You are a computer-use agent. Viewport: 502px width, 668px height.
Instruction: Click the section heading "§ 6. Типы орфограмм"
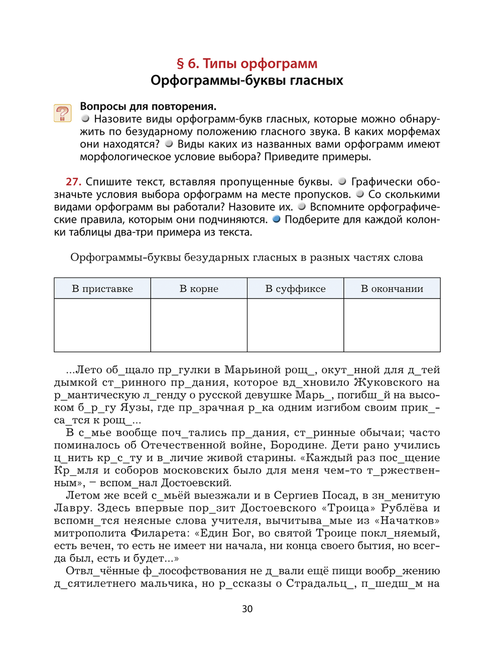(247, 64)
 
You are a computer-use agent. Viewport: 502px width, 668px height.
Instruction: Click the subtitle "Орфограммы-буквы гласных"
(247, 80)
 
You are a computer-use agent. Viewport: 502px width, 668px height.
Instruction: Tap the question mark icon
(63, 113)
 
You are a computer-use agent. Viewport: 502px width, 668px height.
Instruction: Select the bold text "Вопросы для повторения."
(148, 106)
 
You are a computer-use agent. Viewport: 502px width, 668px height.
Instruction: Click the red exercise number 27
(73, 182)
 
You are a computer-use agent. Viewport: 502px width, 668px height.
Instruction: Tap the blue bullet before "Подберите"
(276, 219)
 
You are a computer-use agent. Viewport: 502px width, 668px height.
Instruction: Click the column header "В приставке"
(102, 289)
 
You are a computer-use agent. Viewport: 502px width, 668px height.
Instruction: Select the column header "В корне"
(199, 289)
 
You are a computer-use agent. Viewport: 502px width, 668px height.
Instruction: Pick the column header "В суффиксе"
(295, 289)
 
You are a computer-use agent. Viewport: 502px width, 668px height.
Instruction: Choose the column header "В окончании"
(392, 289)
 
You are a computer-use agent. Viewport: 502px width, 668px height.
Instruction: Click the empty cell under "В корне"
(199, 325)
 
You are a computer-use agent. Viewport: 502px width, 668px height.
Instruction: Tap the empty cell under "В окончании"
(392, 325)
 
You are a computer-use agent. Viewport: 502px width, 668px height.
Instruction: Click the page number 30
(247, 609)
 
